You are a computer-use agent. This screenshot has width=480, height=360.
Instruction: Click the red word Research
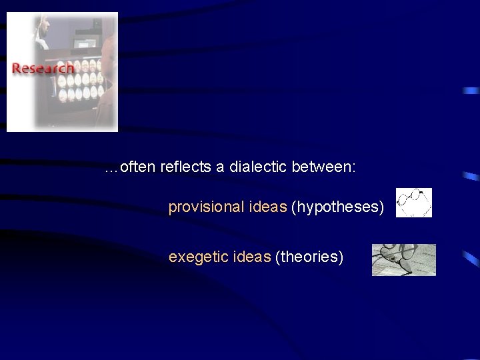click(x=43, y=69)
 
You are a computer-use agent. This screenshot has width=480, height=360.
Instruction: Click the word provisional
click(x=205, y=208)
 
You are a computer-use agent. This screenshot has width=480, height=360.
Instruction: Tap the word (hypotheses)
click(x=338, y=208)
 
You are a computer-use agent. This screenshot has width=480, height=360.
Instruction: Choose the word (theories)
click(x=309, y=256)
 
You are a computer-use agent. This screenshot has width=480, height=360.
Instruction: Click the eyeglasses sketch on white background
click(x=413, y=203)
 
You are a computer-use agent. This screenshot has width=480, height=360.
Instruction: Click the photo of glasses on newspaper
click(x=403, y=259)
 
